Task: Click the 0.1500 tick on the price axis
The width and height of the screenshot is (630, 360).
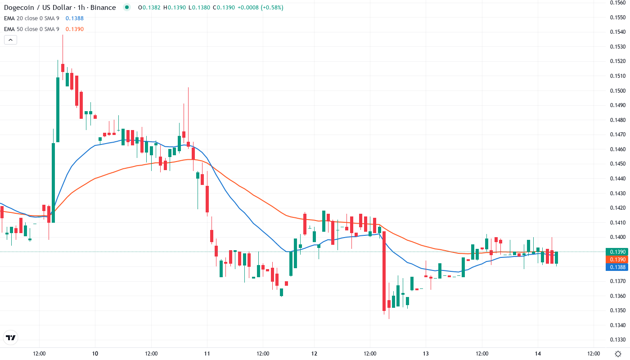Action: click(617, 90)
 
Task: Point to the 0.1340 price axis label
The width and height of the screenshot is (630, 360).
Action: click(617, 325)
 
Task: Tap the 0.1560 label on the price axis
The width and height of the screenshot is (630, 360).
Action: click(617, 3)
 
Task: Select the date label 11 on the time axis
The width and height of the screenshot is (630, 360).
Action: click(207, 353)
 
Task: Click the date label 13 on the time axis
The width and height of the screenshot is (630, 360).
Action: click(426, 353)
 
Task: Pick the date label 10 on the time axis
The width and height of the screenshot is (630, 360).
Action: click(95, 353)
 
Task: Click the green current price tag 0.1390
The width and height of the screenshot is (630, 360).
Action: click(617, 252)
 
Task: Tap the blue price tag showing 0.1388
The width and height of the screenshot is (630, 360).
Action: click(617, 267)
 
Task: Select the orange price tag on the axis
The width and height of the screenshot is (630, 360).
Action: click(617, 260)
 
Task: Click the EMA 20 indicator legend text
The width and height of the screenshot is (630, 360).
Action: click(31, 18)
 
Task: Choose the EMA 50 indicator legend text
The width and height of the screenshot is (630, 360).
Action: click(31, 29)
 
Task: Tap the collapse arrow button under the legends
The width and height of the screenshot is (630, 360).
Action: click(10, 40)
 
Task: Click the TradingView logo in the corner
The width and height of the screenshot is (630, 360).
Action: click(10, 337)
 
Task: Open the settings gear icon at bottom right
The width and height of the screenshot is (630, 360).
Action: click(618, 353)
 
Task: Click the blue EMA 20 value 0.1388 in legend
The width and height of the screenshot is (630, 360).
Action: click(74, 18)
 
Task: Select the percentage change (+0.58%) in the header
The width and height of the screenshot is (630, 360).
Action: click(269, 7)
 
